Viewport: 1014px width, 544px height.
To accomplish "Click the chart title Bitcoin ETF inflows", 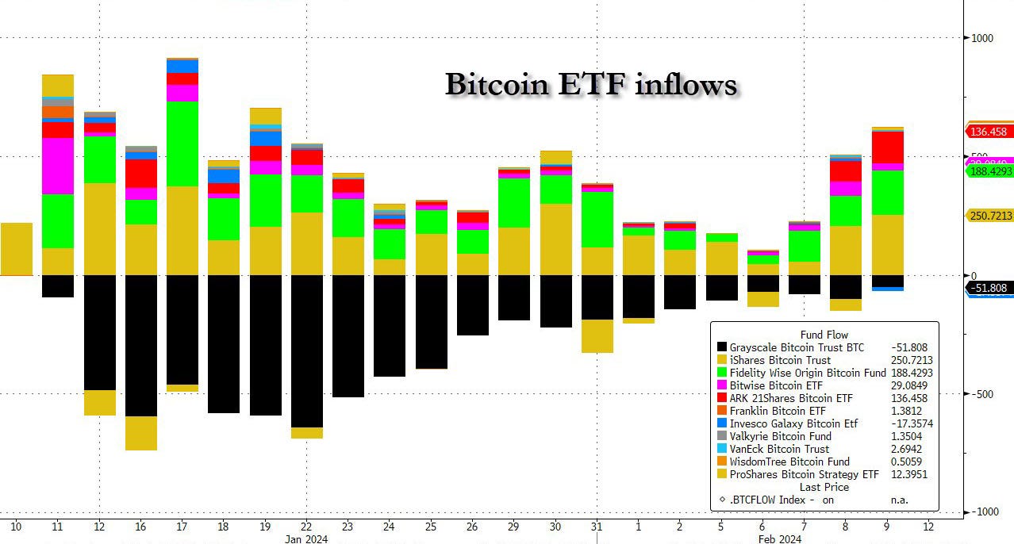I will [x=590, y=84].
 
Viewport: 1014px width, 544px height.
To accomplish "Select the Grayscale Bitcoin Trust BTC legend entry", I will [x=797, y=347].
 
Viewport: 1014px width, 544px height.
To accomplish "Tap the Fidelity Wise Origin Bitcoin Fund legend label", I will [x=808, y=373].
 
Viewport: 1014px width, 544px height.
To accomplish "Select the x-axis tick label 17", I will [x=182, y=527].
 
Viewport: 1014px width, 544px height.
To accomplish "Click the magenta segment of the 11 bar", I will [x=57, y=166].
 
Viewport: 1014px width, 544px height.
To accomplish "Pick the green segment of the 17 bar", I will [x=182, y=144].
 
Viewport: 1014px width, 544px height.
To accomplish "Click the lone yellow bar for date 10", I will [x=17, y=249].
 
